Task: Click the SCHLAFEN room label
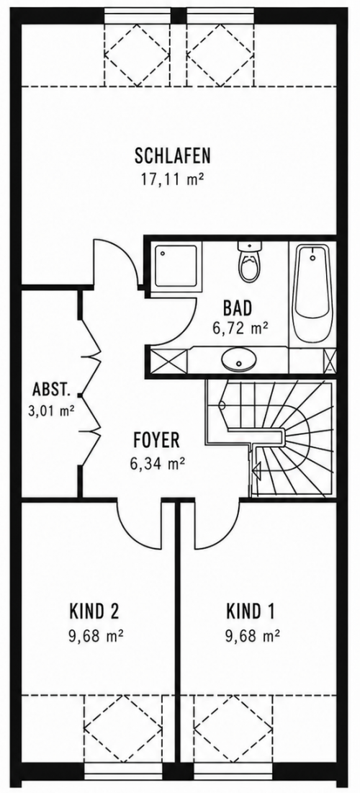tap(172, 156)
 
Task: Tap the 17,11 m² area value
tap(172, 179)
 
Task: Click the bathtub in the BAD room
tap(312, 294)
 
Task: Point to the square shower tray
tap(176, 266)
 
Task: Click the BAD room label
tap(237, 308)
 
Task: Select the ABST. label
tap(50, 390)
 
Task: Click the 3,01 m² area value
tap(52, 410)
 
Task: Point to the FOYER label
tap(156, 440)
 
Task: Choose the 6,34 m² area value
tap(157, 463)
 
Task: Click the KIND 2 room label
tap(94, 611)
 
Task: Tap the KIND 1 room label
tap(251, 611)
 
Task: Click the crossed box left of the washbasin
tap(169, 360)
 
